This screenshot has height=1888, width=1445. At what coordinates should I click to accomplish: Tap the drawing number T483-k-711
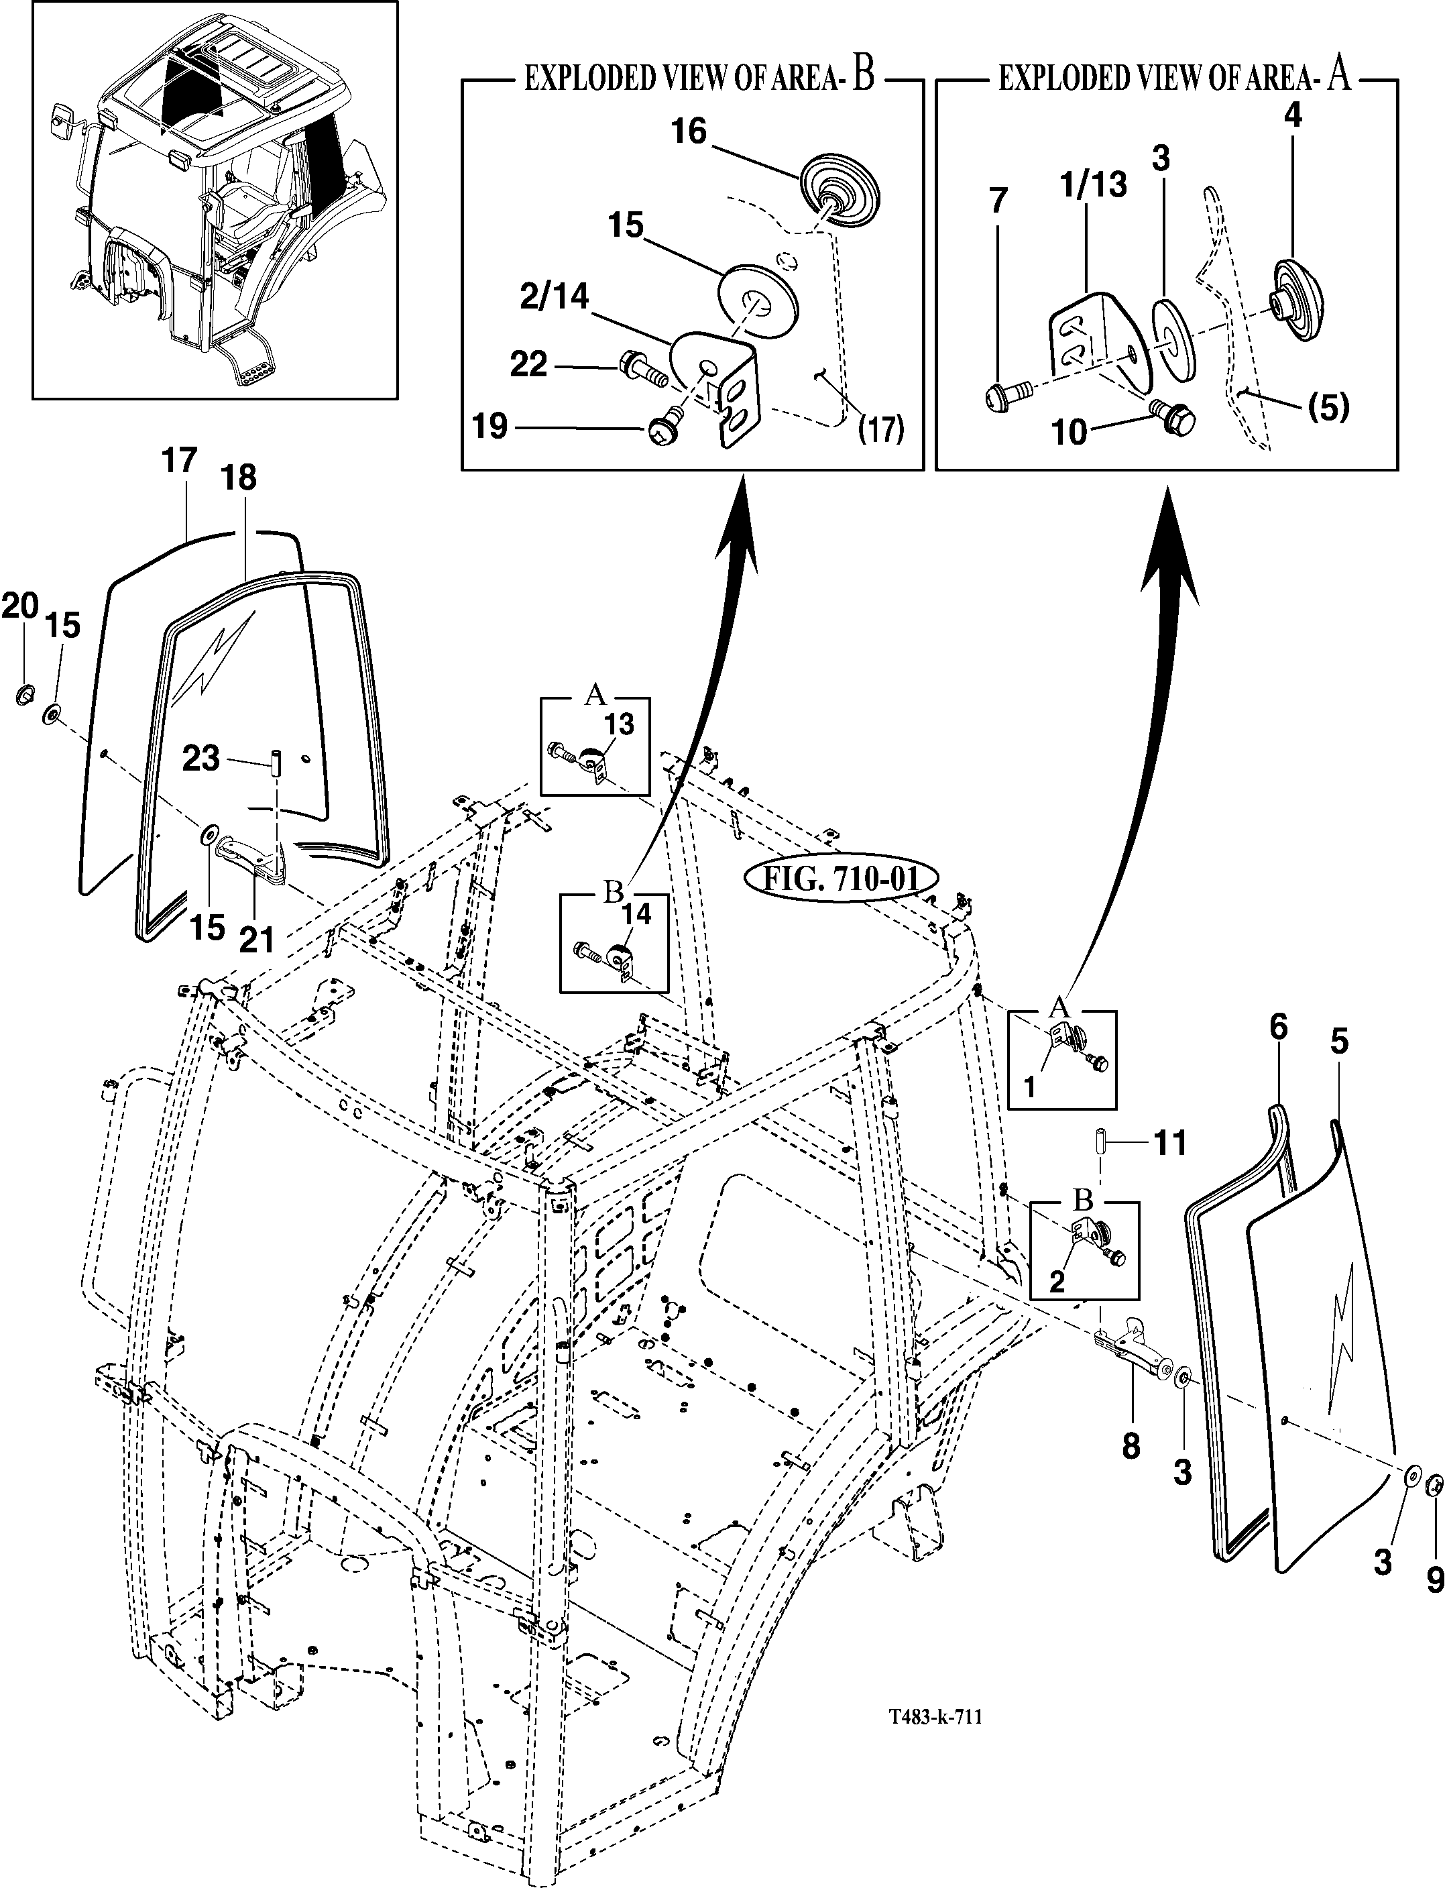(x=936, y=1693)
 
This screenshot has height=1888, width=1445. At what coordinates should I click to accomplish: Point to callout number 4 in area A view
(x=1293, y=115)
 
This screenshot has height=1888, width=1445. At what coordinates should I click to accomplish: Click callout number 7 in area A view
(x=998, y=201)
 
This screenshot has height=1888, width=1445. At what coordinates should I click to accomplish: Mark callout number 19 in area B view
(x=490, y=427)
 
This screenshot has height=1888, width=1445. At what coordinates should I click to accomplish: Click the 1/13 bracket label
(x=1095, y=184)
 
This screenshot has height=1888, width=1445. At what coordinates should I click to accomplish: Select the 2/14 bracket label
(x=554, y=296)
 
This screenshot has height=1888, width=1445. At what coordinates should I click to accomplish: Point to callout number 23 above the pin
(x=200, y=759)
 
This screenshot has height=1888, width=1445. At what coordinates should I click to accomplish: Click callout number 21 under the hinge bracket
(x=256, y=938)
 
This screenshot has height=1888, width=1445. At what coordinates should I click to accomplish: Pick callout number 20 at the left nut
(x=21, y=606)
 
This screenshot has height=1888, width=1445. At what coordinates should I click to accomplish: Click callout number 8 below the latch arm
(x=1131, y=1446)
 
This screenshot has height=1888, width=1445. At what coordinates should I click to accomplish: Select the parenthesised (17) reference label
(x=882, y=429)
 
